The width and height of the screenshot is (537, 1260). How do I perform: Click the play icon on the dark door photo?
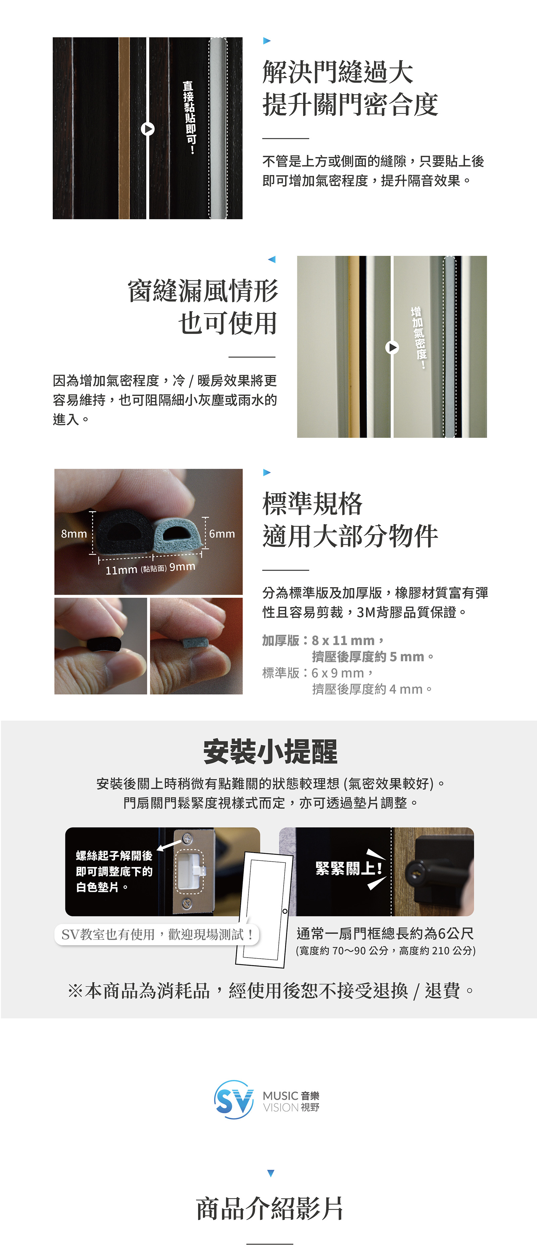pyautogui.click(x=148, y=129)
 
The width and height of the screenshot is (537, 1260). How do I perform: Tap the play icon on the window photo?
pyautogui.click(x=392, y=347)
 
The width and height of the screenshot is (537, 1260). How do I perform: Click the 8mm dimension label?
pyautogui.click(x=74, y=534)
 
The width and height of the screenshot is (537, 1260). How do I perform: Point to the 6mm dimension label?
pyautogui.click(x=222, y=534)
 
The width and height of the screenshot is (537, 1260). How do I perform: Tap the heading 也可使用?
pyautogui.click(x=228, y=323)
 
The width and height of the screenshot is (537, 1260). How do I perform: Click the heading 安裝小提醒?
pyautogui.click(x=270, y=752)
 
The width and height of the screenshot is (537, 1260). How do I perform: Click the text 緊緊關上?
pyautogui.click(x=348, y=868)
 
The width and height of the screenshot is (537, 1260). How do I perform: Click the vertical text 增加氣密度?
pyautogui.click(x=419, y=338)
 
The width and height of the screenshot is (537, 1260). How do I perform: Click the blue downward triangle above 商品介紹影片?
pyautogui.click(x=271, y=1173)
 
